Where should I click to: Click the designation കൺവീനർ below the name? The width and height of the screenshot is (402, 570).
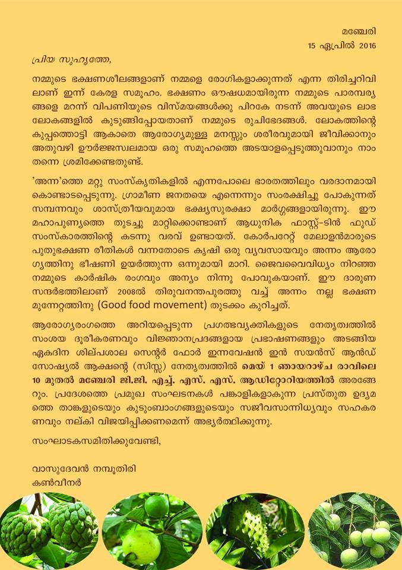[x=56, y=483]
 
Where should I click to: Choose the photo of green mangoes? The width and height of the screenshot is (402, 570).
[x=353, y=531]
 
